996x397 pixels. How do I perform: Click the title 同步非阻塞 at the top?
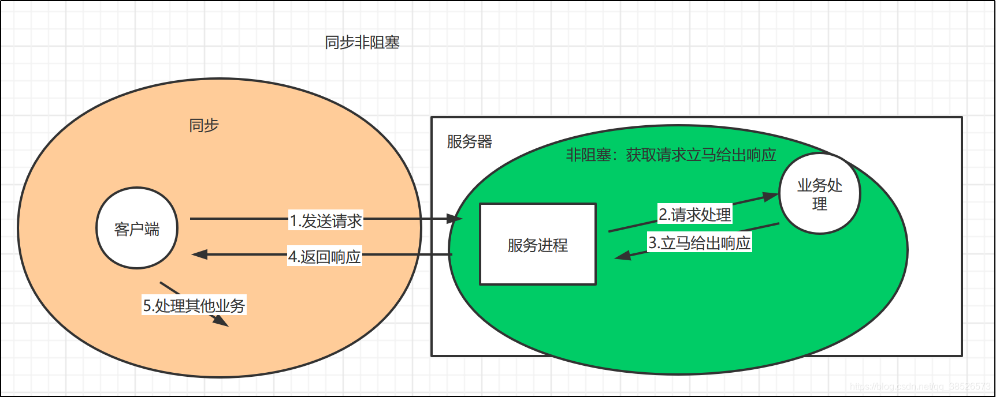362,42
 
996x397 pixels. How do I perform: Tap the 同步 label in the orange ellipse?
204,125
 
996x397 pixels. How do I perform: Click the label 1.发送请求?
326,220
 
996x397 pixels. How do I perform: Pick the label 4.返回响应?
325,256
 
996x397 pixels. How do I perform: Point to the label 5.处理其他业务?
194,305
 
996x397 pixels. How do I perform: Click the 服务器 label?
469,142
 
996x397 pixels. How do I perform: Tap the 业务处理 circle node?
820,194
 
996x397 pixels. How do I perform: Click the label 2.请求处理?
695,215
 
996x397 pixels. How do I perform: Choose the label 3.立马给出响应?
699,243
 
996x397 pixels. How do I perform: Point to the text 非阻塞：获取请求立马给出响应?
671,155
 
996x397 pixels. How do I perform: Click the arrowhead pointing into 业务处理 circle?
771,196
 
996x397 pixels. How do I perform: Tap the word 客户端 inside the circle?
137,230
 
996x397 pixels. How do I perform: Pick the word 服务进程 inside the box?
537,245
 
